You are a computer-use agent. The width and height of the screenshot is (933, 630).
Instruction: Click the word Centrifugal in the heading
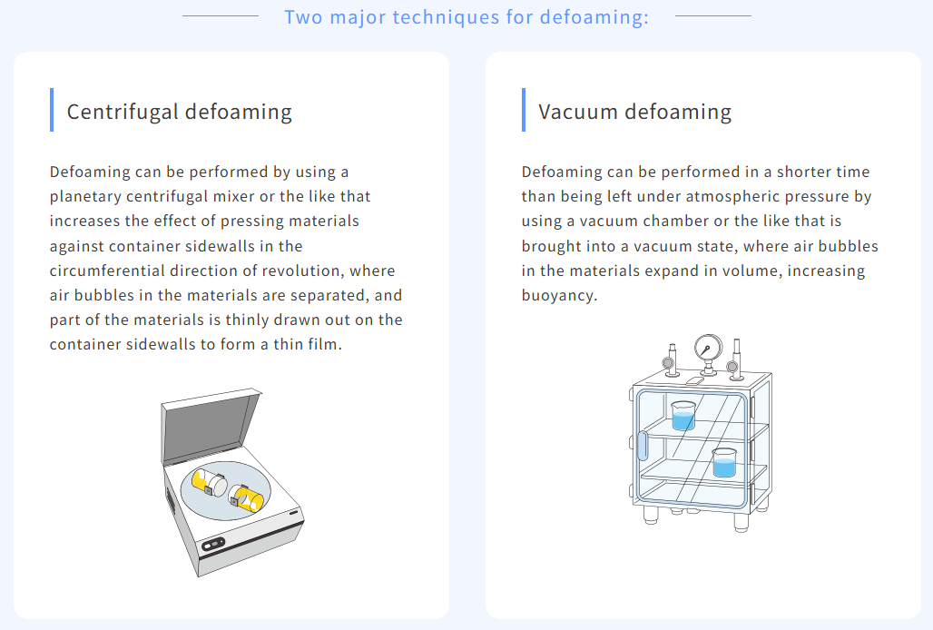coord(123,112)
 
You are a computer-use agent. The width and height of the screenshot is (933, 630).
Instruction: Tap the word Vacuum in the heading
coord(578,112)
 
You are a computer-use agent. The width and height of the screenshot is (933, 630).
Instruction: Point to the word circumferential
coord(107,271)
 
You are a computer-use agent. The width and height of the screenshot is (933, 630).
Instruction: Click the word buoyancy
coord(559,296)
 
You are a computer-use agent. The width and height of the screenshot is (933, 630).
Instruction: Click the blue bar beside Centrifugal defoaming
coord(52,110)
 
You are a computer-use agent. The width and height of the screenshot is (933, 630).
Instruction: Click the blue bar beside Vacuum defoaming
coord(524,110)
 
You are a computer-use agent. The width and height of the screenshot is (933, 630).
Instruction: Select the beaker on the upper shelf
coord(683,415)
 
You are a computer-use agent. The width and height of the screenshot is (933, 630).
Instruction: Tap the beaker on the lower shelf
coord(724,462)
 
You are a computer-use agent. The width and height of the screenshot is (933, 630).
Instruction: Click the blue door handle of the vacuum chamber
coord(643,446)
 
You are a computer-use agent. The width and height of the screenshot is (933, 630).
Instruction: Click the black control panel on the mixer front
coord(213,544)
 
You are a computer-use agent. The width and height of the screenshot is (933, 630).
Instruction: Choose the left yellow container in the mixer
coord(209,482)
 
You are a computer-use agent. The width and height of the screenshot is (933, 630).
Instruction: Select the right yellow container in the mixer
coord(246,498)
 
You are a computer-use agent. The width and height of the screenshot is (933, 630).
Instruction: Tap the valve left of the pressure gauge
coord(670,360)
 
